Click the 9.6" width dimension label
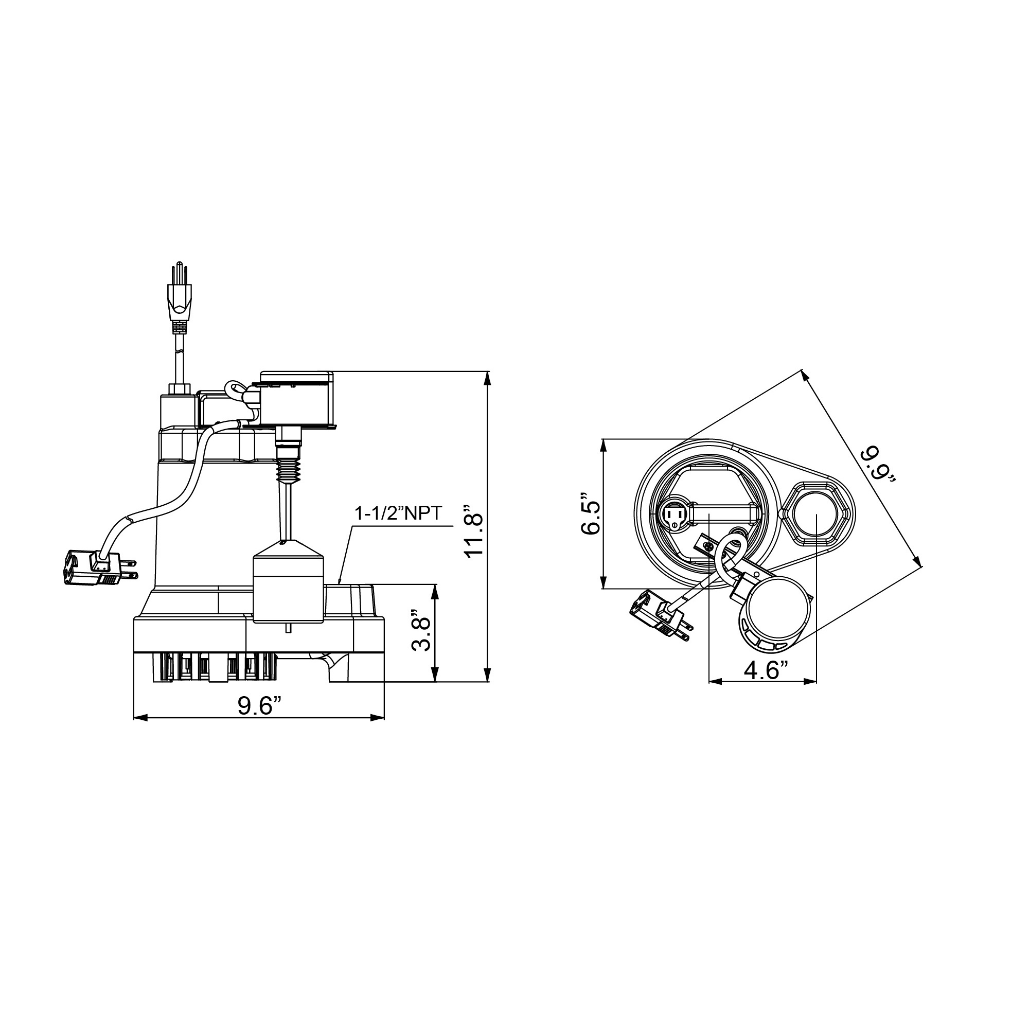click(259, 706)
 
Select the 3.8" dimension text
click(421, 634)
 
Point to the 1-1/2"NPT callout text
click(399, 514)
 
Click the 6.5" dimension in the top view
click(591, 513)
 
